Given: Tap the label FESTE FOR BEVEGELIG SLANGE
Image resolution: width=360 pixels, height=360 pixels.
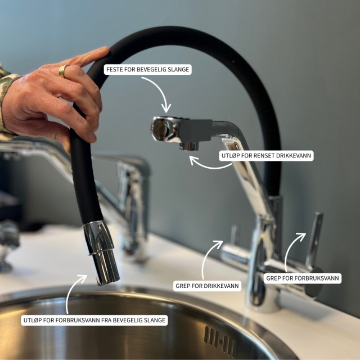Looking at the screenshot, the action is [147, 69].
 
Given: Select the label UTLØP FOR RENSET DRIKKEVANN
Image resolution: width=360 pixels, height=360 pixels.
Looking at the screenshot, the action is [266, 156].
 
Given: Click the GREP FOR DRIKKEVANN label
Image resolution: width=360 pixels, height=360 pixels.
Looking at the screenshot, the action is [207, 286].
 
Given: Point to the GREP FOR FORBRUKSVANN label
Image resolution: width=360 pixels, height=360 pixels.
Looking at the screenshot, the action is [303, 278].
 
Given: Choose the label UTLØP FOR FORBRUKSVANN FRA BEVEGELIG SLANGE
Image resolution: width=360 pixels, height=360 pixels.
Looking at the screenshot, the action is [94, 320].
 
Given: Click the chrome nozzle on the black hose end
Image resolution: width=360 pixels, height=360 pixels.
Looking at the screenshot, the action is [101, 252].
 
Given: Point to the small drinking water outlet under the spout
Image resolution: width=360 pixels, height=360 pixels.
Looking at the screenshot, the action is [189, 146].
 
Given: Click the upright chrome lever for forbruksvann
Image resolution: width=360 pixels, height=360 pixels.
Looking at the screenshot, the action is [314, 240].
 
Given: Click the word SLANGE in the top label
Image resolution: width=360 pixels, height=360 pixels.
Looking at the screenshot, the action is [179, 69].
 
